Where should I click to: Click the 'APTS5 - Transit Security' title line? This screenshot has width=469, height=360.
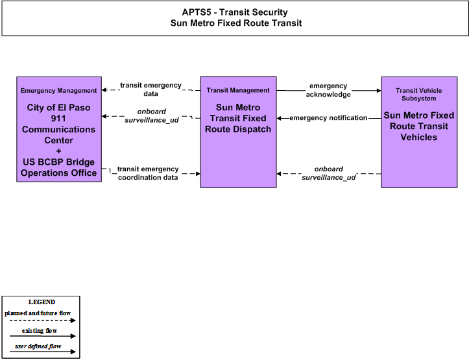tap(235, 12)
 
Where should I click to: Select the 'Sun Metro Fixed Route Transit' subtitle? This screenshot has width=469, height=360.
tap(236, 23)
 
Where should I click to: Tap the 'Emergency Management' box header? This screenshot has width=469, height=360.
tap(58, 91)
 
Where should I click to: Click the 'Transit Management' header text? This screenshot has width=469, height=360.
tap(238, 90)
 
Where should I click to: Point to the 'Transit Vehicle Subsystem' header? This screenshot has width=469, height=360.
tap(419, 95)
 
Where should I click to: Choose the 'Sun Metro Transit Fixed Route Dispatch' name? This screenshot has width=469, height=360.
tap(238, 118)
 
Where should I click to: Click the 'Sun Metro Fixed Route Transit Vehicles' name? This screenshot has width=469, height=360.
tap(419, 126)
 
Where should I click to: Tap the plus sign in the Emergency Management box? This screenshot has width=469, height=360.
tap(58, 151)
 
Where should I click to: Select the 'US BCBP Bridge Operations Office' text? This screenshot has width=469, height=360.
tap(58, 167)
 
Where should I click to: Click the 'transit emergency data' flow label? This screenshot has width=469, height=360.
tap(150, 90)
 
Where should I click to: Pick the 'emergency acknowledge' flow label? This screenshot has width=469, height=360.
tap(328, 90)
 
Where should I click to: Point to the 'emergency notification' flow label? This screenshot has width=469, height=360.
tap(328, 118)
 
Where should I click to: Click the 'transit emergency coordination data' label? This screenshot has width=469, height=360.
tap(148, 173)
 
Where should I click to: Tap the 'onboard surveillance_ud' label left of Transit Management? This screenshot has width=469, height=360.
tap(152, 115)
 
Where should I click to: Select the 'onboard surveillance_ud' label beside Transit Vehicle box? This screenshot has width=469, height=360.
tap(329, 173)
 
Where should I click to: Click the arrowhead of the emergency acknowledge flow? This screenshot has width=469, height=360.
tap(379, 90)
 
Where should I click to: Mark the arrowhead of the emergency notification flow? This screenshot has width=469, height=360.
tap(279, 119)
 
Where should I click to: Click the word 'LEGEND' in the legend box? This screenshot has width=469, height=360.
tap(42, 302)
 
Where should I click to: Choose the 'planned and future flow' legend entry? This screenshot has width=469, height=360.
tap(38, 313)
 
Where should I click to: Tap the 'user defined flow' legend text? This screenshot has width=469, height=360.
tap(38, 346)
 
